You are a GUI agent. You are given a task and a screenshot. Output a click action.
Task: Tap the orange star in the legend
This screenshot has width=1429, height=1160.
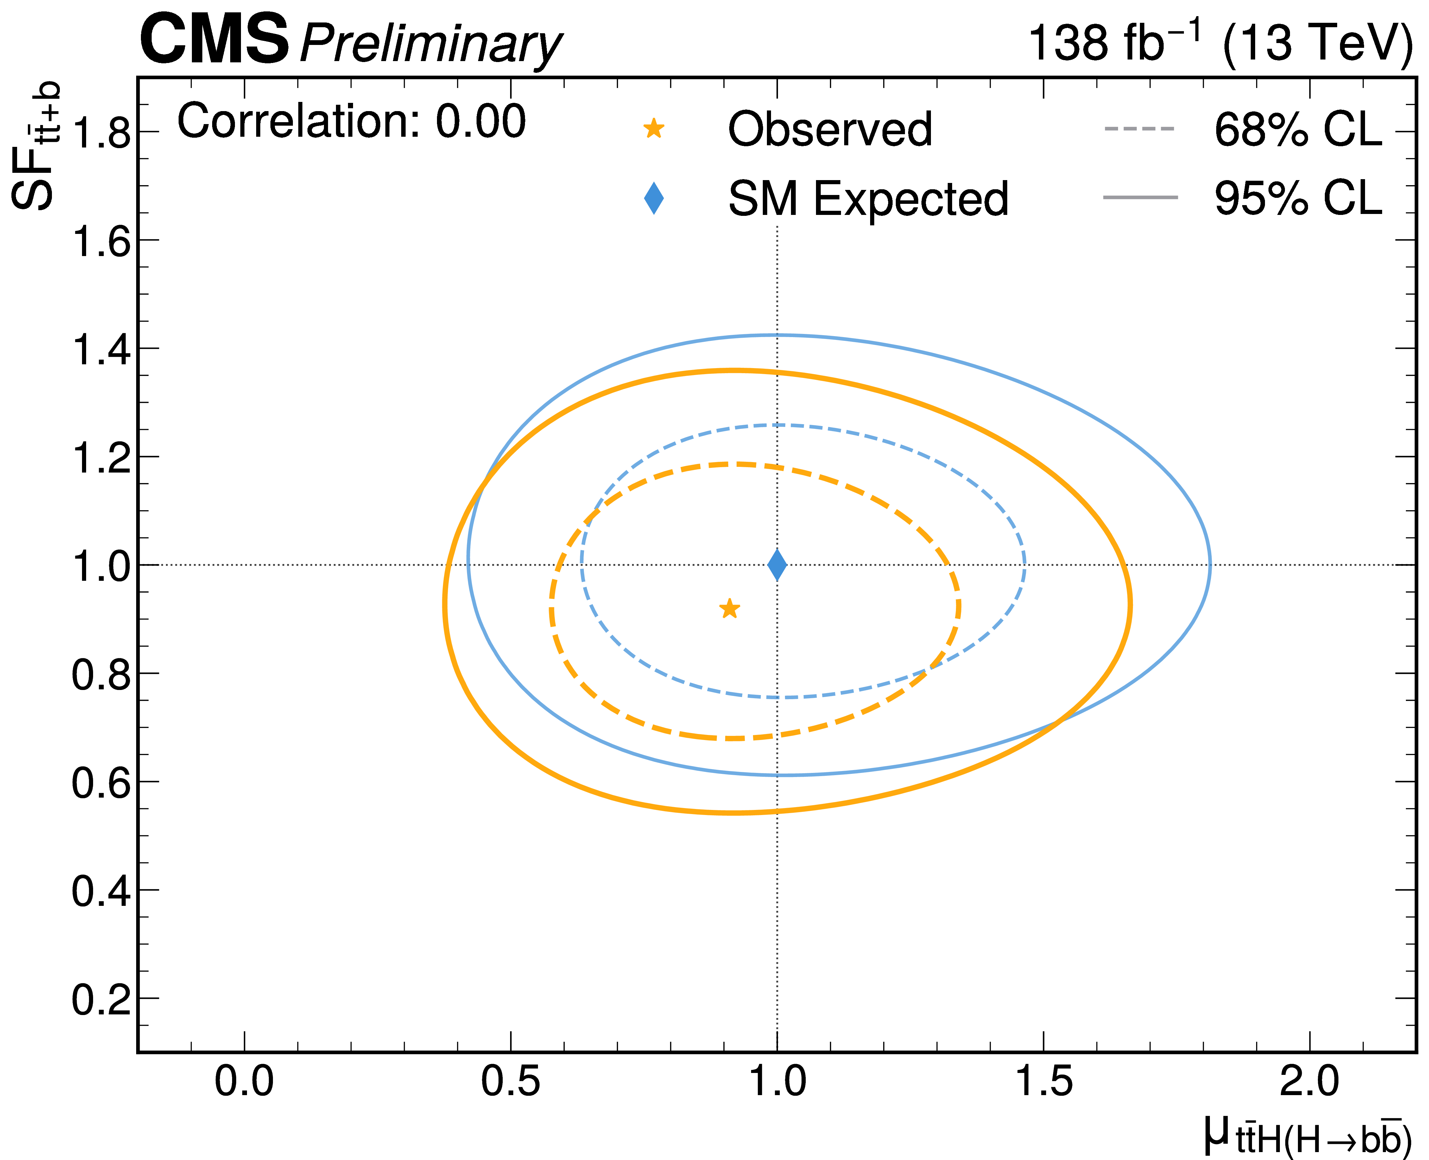(x=654, y=128)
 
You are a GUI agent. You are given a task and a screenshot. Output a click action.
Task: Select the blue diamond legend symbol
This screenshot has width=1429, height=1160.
(x=654, y=198)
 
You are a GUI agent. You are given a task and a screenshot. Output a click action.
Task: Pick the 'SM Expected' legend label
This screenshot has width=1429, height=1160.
(x=868, y=199)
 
